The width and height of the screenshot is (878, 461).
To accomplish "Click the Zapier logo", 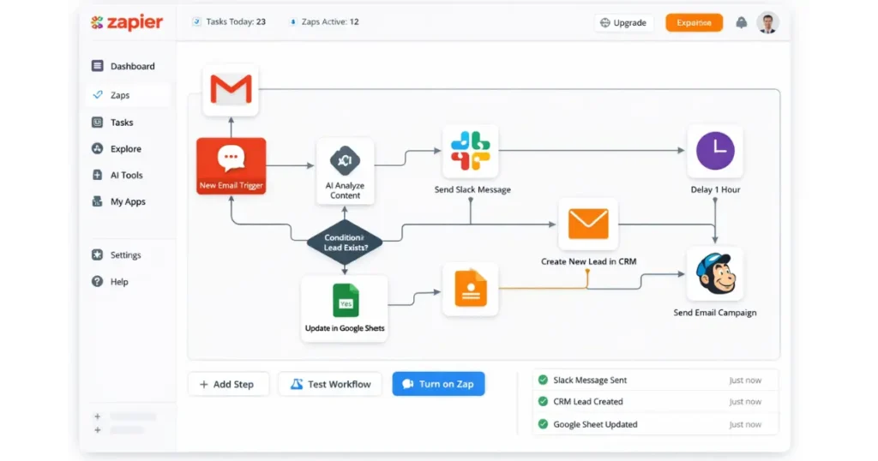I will [126, 23].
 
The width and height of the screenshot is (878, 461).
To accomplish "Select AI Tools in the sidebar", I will [126, 175].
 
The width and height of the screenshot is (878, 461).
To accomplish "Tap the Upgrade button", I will [623, 23].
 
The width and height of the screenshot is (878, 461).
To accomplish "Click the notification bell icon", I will [741, 23].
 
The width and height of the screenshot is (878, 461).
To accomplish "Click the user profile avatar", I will [767, 23].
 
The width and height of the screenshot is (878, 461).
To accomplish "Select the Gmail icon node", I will [232, 89].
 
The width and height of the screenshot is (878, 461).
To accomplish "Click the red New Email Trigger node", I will [232, 165].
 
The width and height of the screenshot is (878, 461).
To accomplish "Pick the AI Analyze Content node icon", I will [345, 160].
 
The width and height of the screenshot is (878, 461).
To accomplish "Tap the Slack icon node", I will [471, 151].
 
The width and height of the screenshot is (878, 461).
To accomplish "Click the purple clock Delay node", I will [715, 152].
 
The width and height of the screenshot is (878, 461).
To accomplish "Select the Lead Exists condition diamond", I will [344, 242].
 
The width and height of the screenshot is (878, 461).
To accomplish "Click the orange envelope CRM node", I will [588, 225].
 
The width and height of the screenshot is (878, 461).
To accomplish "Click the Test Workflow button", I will [330, 384].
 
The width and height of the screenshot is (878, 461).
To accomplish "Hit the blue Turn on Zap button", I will [438, 384].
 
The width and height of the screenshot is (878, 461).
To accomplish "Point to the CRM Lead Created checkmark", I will [543, 402].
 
